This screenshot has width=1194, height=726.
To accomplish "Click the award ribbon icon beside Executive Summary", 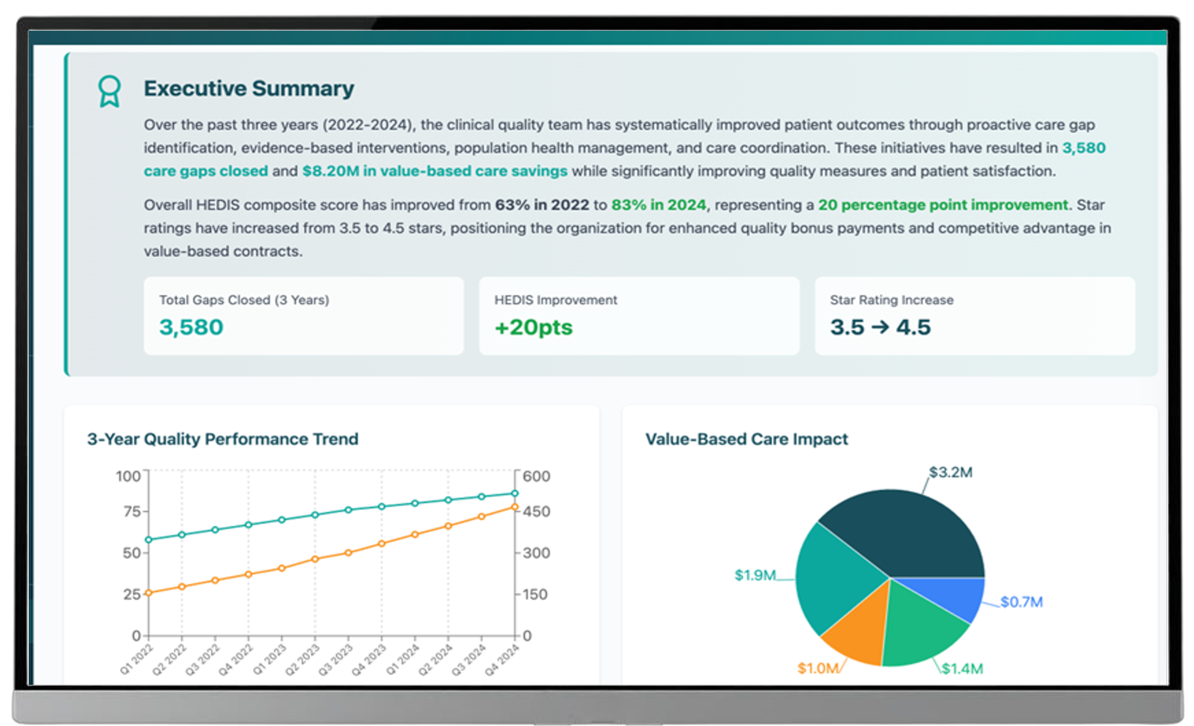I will point(109,91).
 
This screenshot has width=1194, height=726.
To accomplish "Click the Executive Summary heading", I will point(249,89).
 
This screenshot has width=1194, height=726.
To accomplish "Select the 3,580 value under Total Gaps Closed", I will point(191,327).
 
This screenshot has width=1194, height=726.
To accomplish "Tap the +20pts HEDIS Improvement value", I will point(533,327).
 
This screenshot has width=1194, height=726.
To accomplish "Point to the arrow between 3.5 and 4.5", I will point(880,327).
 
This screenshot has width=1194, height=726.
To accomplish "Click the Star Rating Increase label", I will point(892,300).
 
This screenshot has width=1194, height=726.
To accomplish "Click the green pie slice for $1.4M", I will point(918,630).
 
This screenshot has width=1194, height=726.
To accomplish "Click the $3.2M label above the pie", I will point(950,472).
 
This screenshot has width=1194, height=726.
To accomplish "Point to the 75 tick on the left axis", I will point(132,511).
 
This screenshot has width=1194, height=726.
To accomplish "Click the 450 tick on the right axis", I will point(536,511).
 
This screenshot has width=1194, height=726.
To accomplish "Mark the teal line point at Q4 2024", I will point(515,493).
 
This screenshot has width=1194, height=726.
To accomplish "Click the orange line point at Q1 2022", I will point(149,593).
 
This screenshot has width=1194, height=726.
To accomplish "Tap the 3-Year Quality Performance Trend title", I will point(222,439).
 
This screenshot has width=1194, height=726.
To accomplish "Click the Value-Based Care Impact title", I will point(746,439).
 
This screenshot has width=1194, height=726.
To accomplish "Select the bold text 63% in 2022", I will point(542,205).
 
